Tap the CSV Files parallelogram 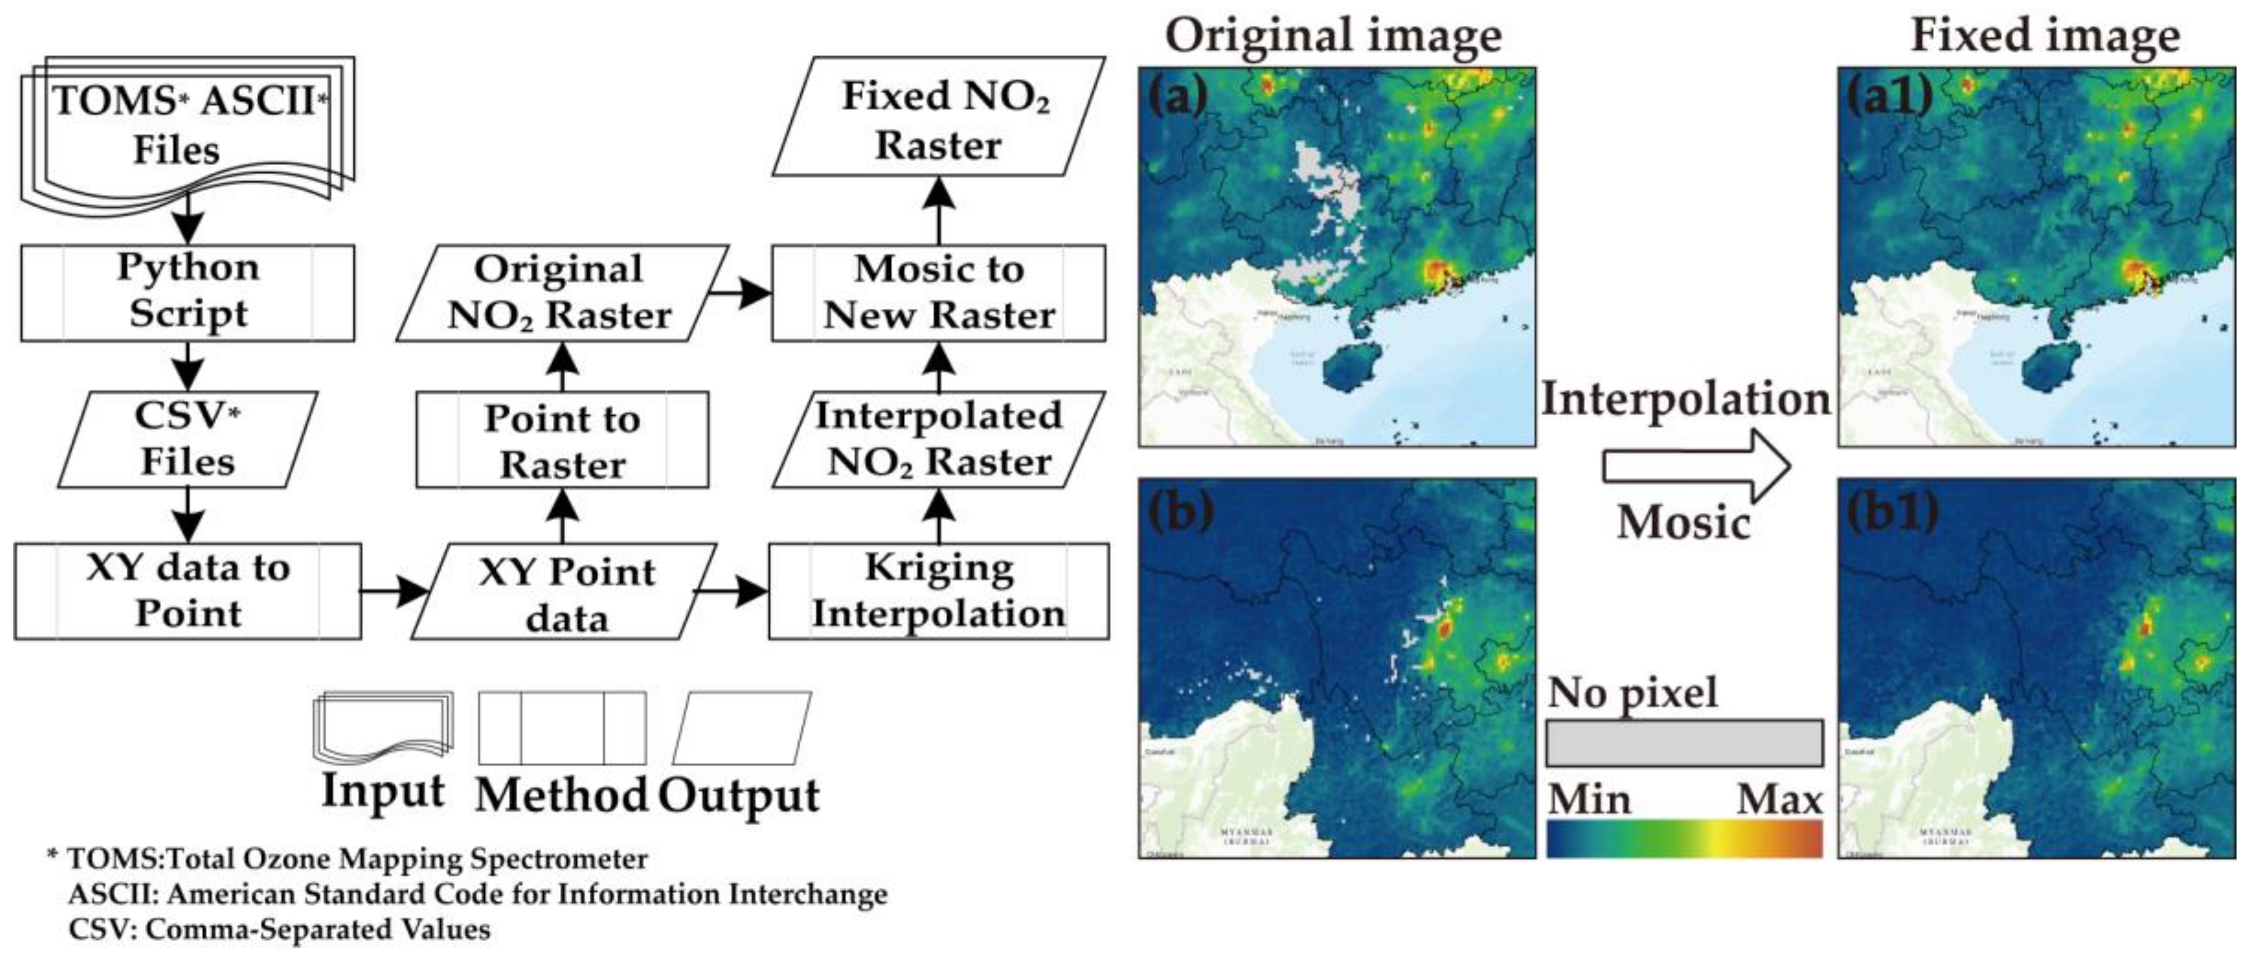pos(187,439)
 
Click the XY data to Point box pos(187,591)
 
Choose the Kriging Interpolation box pos(938,591)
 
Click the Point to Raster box pos(562,439)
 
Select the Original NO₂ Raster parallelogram pos(562,292)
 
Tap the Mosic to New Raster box pos(938,292)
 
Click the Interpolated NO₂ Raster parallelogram pos(938,439)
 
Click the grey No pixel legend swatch pos(1684,743)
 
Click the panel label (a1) pos(1888,96)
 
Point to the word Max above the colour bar pos(1779,798)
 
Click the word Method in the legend pos(561,796)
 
